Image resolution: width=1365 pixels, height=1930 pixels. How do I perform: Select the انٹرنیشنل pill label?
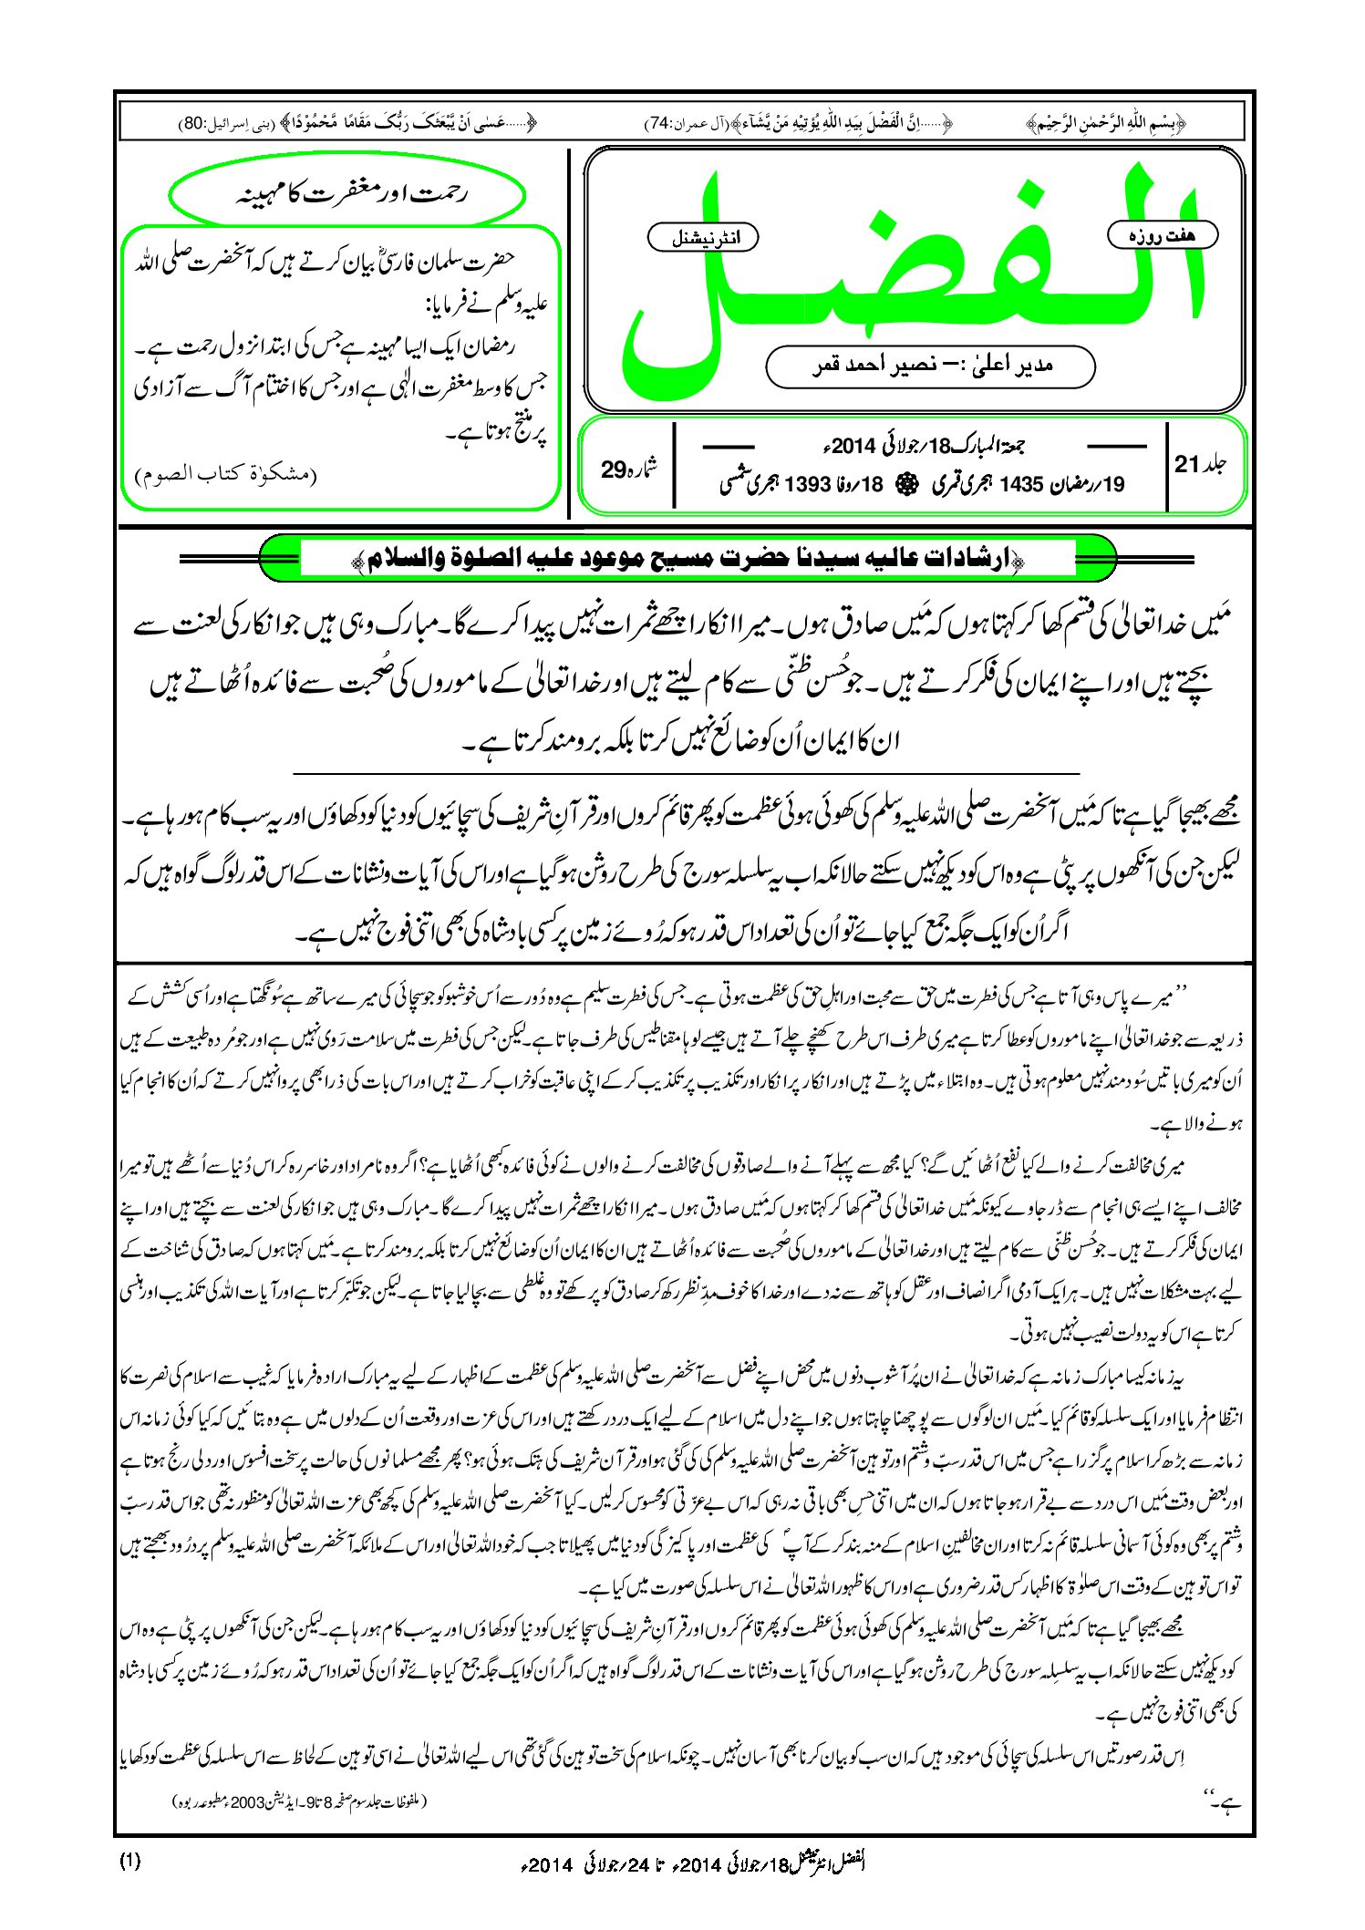point(703,238)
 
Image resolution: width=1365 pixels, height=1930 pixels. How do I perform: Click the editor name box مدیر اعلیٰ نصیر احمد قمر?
point(930,366)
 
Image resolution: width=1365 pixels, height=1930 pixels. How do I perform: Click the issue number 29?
point(613,470)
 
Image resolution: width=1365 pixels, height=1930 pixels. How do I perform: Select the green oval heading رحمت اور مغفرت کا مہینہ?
point(347,195)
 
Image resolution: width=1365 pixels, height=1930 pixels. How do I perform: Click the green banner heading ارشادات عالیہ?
point(688,557)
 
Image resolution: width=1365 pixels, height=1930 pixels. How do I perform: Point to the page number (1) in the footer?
point(129,1861)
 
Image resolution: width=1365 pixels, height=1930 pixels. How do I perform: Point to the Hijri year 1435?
point(1021,484)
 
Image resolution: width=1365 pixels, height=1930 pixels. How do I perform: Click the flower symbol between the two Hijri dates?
point(905,484)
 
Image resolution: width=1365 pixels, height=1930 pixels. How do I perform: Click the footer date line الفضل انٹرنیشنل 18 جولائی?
point(693,1863)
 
